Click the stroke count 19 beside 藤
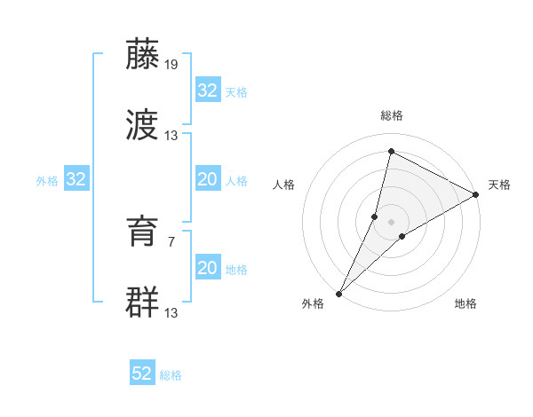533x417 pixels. click(x=172, y=65)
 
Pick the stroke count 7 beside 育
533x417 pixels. click(x=171, y=240)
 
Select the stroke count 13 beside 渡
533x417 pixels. click(x=171, y=136)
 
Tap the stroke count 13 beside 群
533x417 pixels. click(x=171, y=312)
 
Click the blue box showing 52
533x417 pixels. click(x=142, y=374)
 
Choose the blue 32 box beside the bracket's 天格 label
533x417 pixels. click(x=208, y=90)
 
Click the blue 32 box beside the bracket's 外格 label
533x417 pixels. click(x=76, y=180)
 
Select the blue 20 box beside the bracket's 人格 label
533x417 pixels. click(x=208, y=179)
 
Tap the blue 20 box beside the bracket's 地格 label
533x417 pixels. click(x=208, y=268)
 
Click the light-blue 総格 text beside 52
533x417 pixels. click(x=171, y=375)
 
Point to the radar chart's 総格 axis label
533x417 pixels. click(x=392, y=116)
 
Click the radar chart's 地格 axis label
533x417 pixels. click(x=465, y=303)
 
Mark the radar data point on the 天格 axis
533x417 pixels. click(x=476, y=194)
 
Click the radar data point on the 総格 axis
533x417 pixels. click(x=391, y=151)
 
